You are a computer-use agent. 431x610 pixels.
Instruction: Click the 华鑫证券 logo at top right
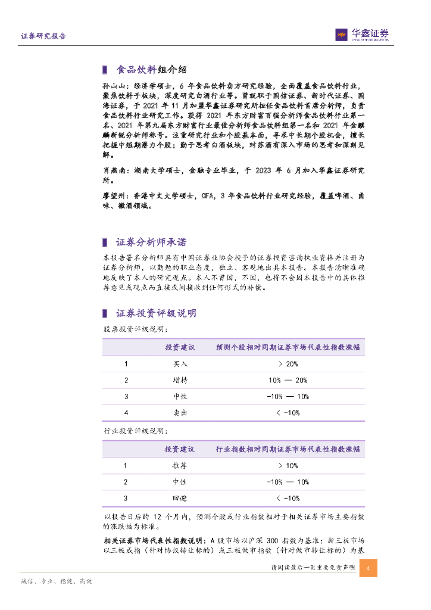(x=362, y=35)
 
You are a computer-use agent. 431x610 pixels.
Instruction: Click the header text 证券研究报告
(x=43, y=36)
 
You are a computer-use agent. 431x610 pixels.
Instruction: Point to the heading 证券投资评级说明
(x=155, y=313)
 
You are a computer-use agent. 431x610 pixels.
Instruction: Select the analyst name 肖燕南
(x=111, y=170)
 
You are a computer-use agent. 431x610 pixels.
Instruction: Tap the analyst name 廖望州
(x=111, y=195)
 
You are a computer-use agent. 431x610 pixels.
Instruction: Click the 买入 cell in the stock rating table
(x=180, y=364)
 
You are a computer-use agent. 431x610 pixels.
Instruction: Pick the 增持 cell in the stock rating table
(x=180, y=380)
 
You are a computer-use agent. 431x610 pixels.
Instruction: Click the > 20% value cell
(x=288, y=364)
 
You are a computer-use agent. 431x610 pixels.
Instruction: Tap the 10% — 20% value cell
(x=288, y=380)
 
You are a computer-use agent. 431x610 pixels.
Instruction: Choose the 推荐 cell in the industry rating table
(x=180, y=466)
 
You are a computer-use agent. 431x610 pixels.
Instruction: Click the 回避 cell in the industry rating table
(x=180, y=498)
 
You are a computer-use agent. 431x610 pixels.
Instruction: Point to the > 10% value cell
(x=288, y=466)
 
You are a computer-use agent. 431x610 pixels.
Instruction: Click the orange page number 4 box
(x=368, y=568)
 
